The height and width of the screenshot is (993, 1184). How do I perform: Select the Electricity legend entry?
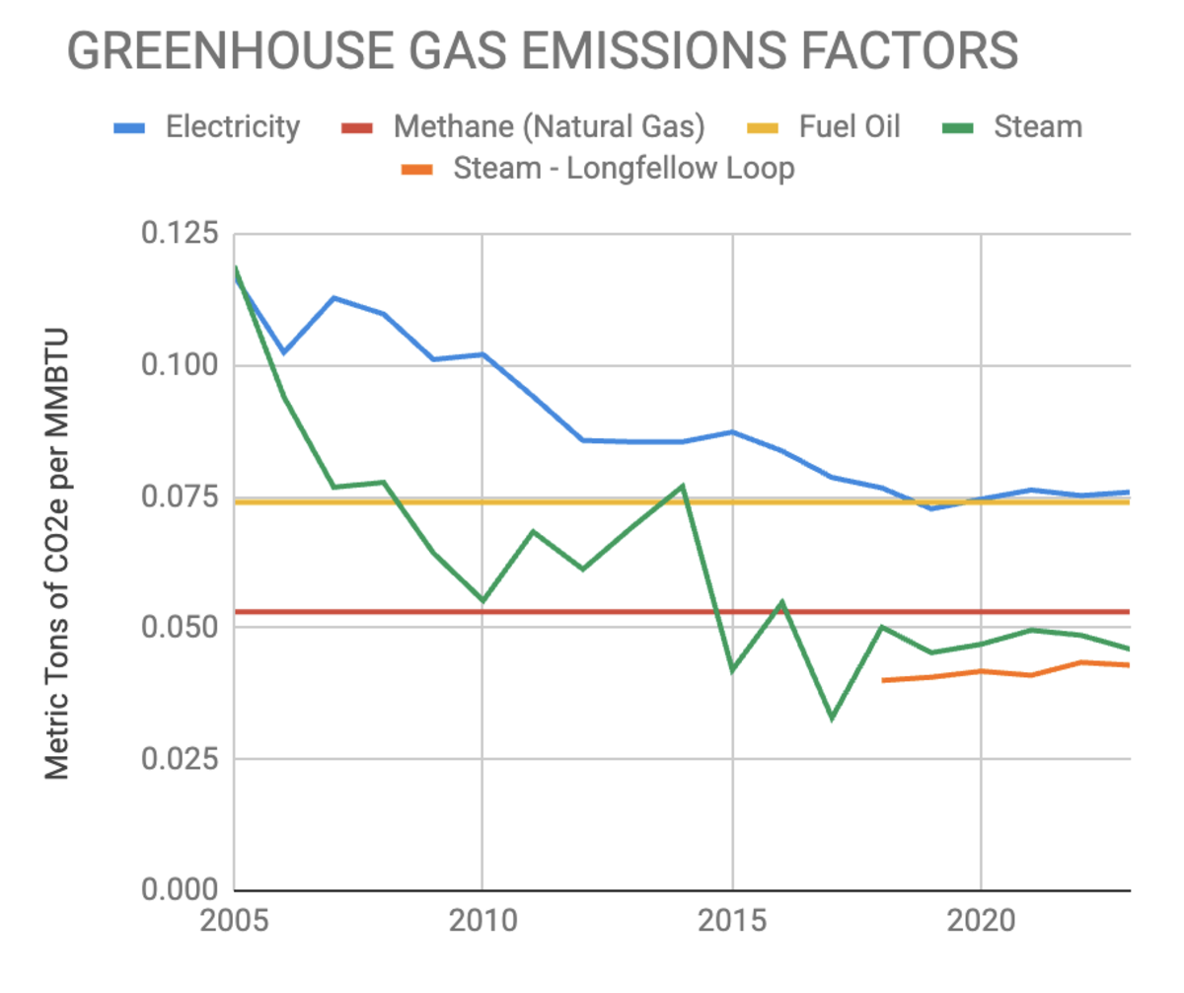click(x=232, y=127)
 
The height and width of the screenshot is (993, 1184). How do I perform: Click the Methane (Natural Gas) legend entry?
click(x=548, y=127)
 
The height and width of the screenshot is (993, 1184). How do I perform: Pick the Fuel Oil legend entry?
click(x=849, y=127)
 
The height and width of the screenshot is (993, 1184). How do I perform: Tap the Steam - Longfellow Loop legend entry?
click(x=624, y=169)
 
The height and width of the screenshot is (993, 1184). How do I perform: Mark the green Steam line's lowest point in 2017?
click(x=832, y=718)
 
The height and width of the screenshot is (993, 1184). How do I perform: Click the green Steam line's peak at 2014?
click(x=682, y=486)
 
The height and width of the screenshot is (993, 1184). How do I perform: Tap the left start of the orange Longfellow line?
click(x=883, y=680)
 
